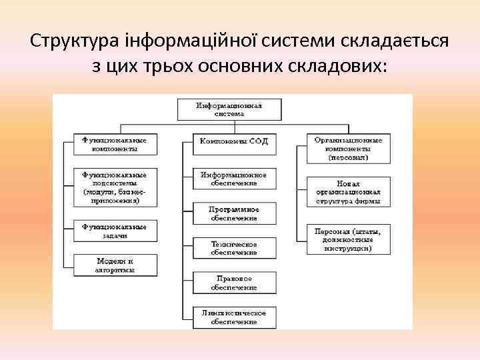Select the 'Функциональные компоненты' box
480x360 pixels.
pos(115,145)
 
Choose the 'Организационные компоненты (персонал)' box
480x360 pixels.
pos(349,149)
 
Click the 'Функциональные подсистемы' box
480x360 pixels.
pos(115,186)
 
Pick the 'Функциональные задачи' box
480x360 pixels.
pos(115,231)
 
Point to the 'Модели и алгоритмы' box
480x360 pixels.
pos(115,265)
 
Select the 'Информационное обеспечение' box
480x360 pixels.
pos(229,179)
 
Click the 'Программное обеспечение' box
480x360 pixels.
pos(229,213)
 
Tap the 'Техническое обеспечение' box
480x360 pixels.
pos(229,248)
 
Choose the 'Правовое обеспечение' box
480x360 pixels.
pos(229,282)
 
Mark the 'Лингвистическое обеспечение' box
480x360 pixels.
pos(229,317)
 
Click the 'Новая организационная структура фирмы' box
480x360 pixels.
pos(349,192)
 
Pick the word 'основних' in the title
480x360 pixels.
pos(233,67)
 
